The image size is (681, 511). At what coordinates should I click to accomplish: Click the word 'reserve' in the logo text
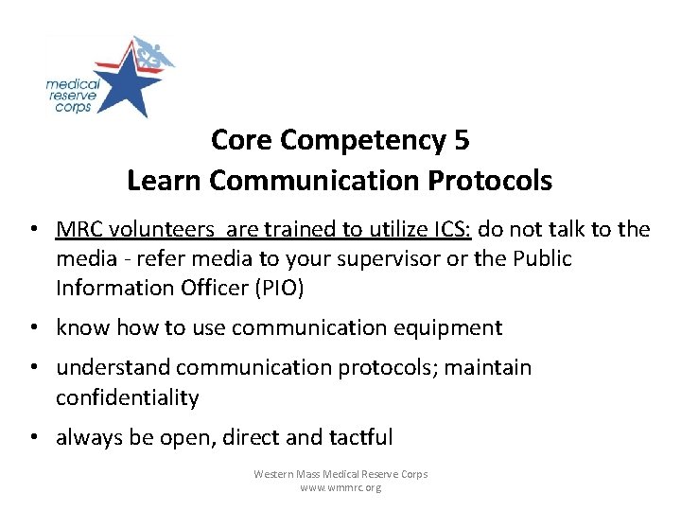[69, 97]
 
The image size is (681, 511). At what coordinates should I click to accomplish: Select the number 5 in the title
[461, 140]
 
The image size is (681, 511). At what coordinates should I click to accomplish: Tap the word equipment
[449, 328]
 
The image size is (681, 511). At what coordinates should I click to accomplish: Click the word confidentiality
[128, 397]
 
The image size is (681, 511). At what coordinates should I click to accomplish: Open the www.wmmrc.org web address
[340, 487]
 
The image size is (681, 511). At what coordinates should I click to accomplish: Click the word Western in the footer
[275, 473]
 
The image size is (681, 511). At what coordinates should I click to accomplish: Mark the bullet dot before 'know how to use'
[34, 328]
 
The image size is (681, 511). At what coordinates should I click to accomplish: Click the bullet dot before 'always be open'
[34, 437]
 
